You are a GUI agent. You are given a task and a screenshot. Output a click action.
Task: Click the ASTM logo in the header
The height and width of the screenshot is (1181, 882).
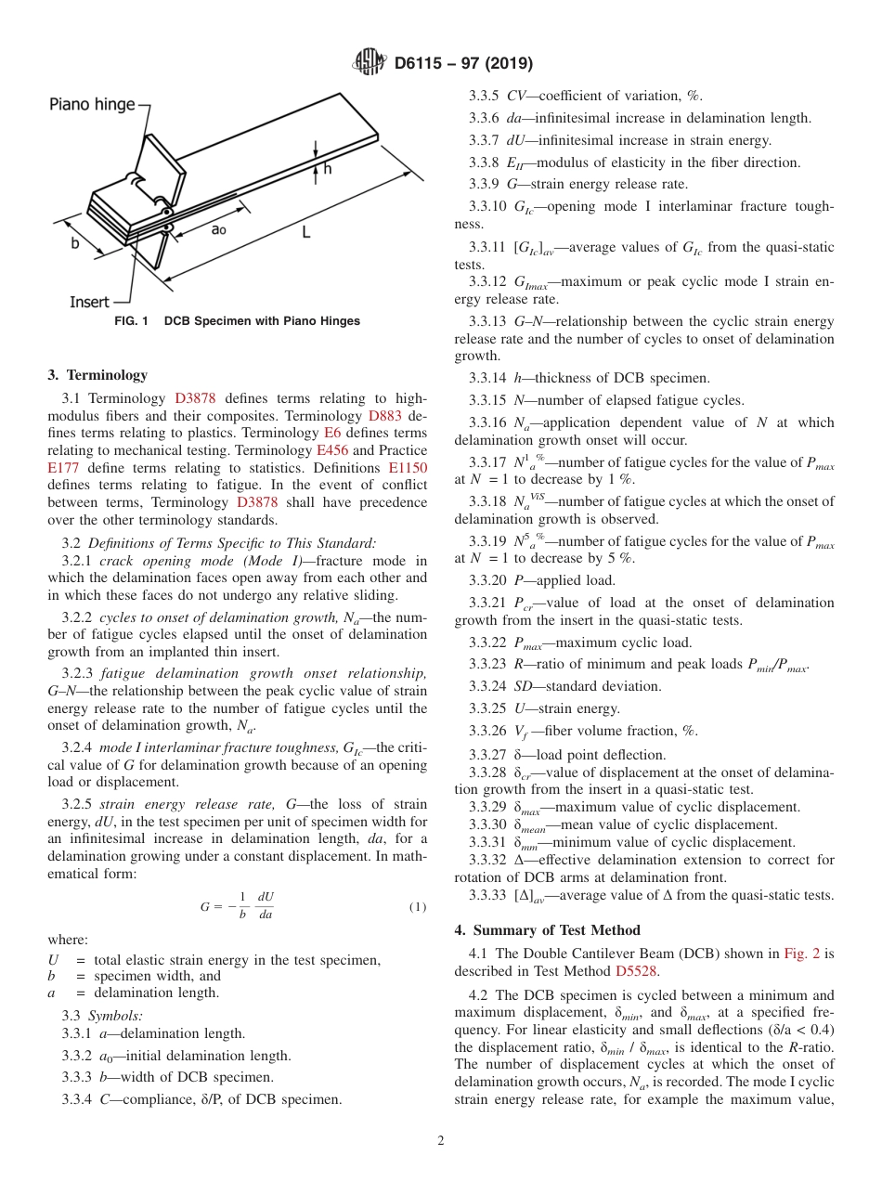(369, 63)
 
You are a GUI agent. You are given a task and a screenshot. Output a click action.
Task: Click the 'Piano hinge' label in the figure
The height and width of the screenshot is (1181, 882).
(92, 104)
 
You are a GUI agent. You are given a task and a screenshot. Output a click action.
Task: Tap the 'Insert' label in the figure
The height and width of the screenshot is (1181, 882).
(89, 302)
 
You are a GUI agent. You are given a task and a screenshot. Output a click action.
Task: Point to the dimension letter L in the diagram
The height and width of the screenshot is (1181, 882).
(305, 233)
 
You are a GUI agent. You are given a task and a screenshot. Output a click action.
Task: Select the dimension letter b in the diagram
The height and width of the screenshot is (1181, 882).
(74, 243)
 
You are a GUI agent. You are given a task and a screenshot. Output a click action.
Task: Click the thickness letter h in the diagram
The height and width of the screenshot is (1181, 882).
(327, 169)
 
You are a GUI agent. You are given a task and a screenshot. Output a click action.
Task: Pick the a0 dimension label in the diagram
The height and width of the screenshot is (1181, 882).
(218, 228)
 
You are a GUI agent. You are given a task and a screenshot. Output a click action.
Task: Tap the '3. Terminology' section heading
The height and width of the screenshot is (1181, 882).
(97, 375)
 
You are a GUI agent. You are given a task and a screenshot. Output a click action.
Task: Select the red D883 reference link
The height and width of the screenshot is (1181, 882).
(385, 416)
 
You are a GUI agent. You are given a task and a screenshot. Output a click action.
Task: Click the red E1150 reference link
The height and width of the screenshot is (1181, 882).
(408, 468)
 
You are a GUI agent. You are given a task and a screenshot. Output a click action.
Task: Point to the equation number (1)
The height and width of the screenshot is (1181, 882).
(418, 906)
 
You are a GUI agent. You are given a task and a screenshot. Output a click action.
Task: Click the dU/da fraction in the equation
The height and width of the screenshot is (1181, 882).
(266, 906)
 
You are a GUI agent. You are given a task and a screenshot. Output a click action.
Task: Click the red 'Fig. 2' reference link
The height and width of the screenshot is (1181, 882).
(803, 954)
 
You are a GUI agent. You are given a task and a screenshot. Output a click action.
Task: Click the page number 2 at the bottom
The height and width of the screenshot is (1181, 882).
(441, 1140)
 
